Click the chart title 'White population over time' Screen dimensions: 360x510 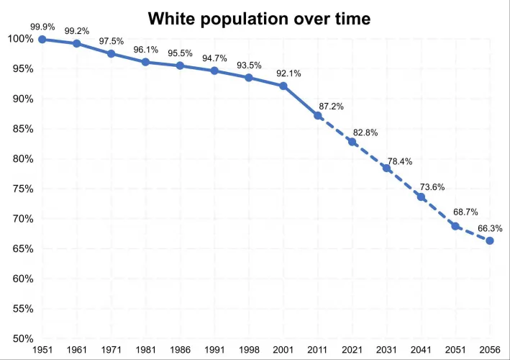pyautogui.click(x=260, y=19)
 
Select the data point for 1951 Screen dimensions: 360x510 pyautogui.click(x=42, y=39)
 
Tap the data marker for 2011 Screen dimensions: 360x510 pyautogui.click(x=318, y=115)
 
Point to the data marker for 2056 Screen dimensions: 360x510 pyautogui.click(x=490, y=240)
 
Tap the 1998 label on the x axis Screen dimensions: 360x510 pyautogui.click(x=249, y=350)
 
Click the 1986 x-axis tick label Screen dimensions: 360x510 pyautogui.click(x=180, y=350)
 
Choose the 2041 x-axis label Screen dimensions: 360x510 pyautogui.click(x=421, y=350)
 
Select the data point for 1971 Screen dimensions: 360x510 pyautogui.click(x=111, y=53)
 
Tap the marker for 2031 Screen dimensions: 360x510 pyautogui.click(x=386, y=168)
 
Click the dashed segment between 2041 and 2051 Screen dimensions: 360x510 pyautogui.click(x=438, y=212)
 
